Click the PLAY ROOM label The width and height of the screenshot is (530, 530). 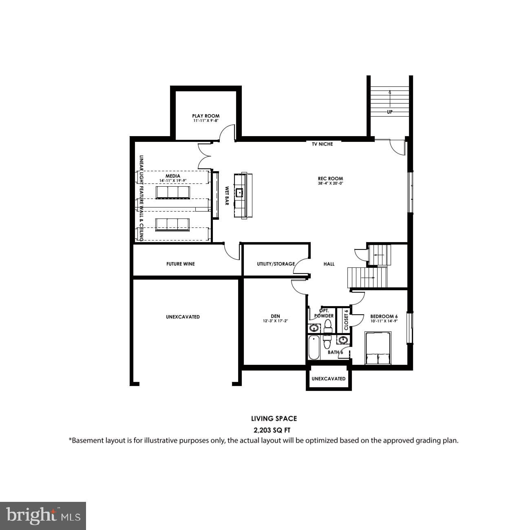pyautogui.click(x=206, y=116)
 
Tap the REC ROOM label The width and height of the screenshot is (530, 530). pyautogui.click(x=330, y=179)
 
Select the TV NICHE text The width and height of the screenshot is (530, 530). pyautogui.click(x=322, y=144)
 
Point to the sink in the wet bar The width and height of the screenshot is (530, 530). pyautogui.click(x=239, y=192)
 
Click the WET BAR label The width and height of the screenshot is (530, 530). pyautogui.click(x=227, y=196)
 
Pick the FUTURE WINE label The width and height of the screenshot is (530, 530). pyautogui.click(x=181, y=264)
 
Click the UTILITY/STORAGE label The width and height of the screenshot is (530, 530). pyautogui.click(x=276, y=264)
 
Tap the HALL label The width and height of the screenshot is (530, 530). pyautogui.click(x=329, y=264)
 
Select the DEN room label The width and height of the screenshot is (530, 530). pyautogui.click(x=275, y=316)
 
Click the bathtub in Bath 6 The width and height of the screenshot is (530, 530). pyautogui.click(x=314, y=348)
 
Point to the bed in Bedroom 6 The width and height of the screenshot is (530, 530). pyautogui.click(x=378, y=348)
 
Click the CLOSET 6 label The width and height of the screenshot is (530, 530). pyautogui.click(x=346, y=320)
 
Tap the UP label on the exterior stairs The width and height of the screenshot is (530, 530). pyautogui.click(x=390, y=112)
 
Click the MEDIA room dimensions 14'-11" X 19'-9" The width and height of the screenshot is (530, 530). pyautogui.click(x=173, y=181)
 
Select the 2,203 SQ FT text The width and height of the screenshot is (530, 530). pyautogui.click(x=272, y=430)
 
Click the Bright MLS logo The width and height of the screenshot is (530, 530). pyautogui.click(x=43, y=516)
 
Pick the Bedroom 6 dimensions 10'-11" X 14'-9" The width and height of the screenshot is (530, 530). pyautogui.click(x=384, y=321)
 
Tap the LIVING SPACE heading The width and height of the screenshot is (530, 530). pyautogui.click(x=274, y=419)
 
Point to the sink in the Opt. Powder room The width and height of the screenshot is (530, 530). pyautogui.click(x=314, y=328)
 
